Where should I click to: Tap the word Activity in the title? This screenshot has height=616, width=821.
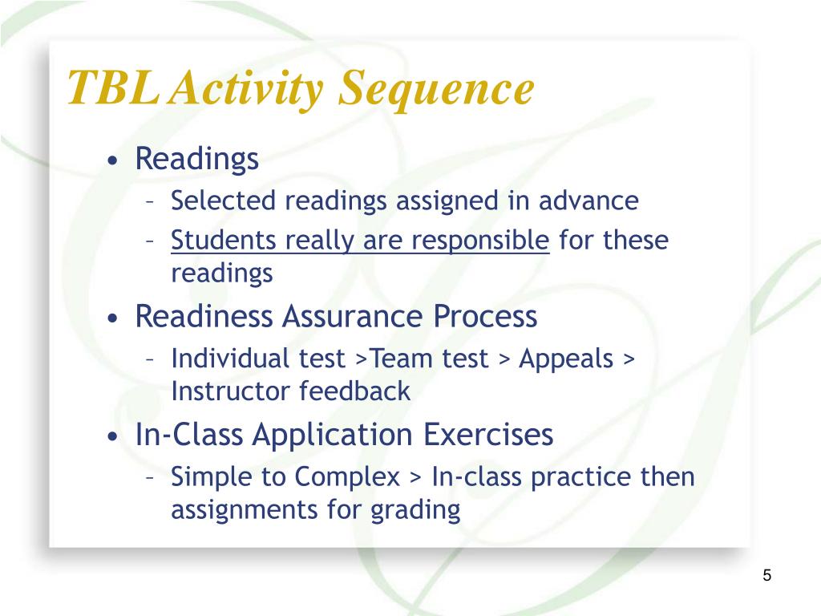249,89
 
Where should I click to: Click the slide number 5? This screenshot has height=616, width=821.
767,575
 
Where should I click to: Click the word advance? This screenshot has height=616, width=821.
588,201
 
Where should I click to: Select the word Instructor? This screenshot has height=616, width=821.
232,391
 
